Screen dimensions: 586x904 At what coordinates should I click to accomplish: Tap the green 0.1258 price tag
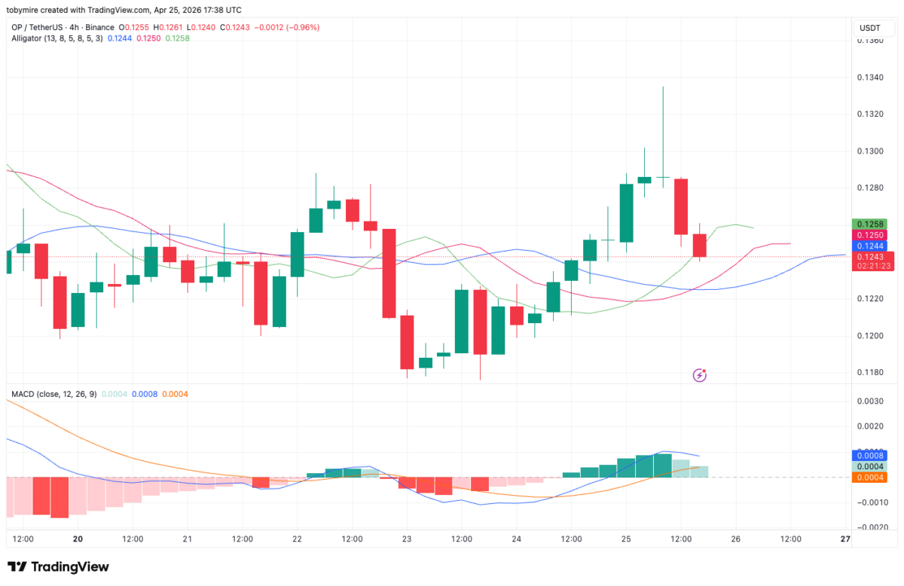point(873,224)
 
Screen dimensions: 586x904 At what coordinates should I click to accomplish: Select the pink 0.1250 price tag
point(873,236)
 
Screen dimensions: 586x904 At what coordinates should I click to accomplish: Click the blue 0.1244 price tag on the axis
point(873,246)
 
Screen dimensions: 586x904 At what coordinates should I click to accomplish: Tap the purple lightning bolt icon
point(700,374)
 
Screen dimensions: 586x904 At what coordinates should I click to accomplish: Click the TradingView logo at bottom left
point(58,566)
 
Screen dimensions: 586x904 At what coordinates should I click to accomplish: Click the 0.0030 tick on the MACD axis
point(870,401)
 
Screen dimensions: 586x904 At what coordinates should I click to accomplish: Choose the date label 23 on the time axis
point(407,539)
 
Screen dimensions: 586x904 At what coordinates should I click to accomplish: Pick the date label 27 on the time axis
point(845,539)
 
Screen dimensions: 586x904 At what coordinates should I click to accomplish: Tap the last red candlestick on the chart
point(700,246)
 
